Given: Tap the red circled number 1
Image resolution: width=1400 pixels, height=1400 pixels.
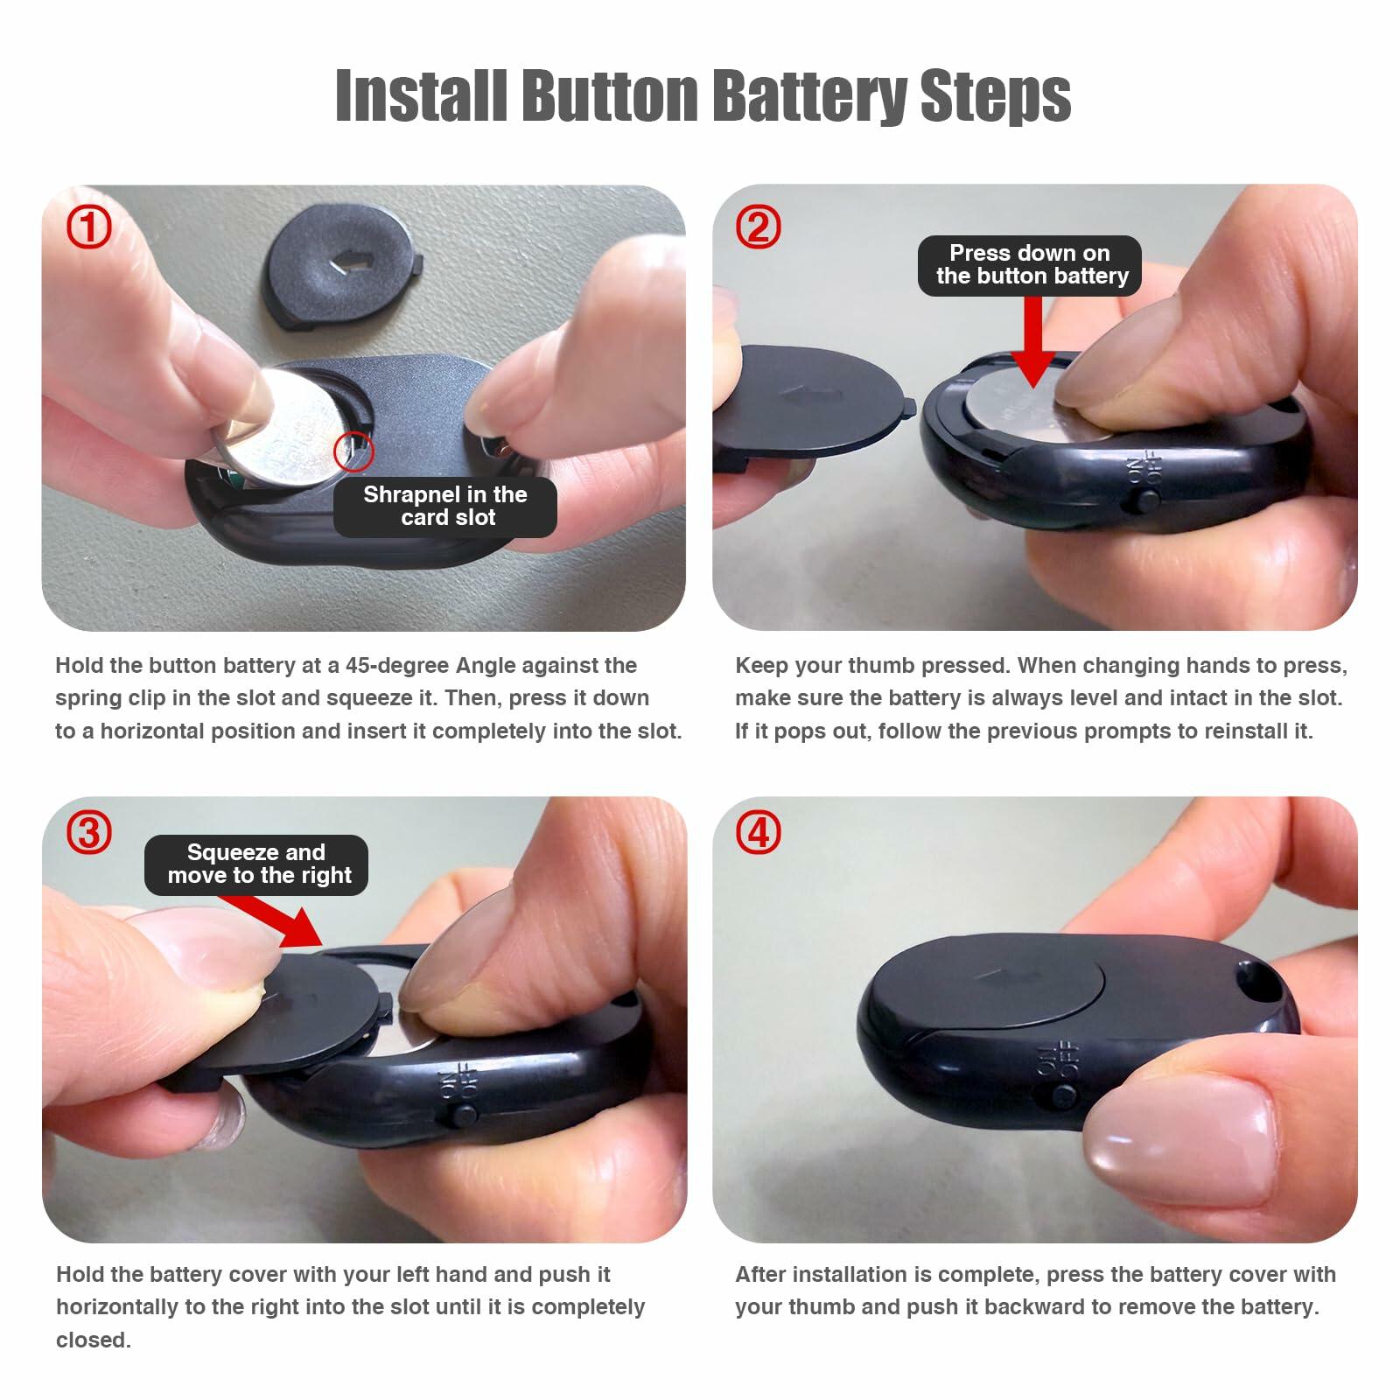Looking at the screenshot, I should (x=89, y=227).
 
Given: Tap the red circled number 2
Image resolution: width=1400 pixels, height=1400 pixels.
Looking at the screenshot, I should (x=758, y=227).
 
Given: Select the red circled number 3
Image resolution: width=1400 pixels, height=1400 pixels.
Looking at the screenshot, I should (x=89, y=833).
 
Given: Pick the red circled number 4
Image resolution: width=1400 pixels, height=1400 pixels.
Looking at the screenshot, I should (x=758, y=833).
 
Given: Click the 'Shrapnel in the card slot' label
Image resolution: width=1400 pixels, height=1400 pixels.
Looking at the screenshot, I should (x=444, y=507).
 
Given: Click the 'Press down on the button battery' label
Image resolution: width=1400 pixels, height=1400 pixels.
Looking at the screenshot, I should (x=1030, y=265).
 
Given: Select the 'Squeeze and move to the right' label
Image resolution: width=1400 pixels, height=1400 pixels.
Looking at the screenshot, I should (x=257, y=864).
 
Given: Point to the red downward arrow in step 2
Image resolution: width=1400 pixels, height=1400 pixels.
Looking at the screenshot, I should (x=1033, y=341).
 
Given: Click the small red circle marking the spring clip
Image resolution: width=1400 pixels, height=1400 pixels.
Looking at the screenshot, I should (x=353, y=452).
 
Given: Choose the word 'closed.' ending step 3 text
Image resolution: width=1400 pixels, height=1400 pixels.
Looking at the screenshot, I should (x=94, y=1340).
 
